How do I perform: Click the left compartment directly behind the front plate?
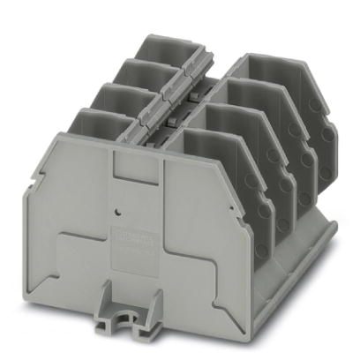[x=97, y=123]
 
